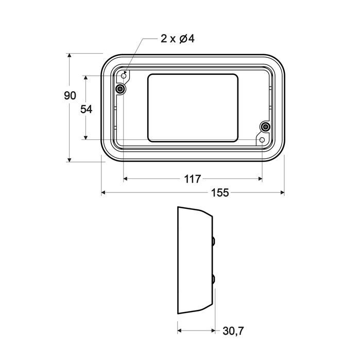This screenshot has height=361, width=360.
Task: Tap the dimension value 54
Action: tap(87, 109)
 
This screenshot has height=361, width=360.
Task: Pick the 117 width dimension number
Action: tap(192, 179)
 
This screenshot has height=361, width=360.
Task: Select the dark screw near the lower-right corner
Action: tap(265, 127)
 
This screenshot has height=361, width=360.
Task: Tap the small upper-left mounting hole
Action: tap(124, 76)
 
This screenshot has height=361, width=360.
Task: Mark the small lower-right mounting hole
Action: tap(262, 140)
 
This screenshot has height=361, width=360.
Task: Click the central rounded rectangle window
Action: tap(194, 108)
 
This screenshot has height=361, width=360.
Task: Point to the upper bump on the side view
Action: tap(213, 240)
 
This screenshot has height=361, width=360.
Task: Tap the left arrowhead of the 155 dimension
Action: tap(103, 193)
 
